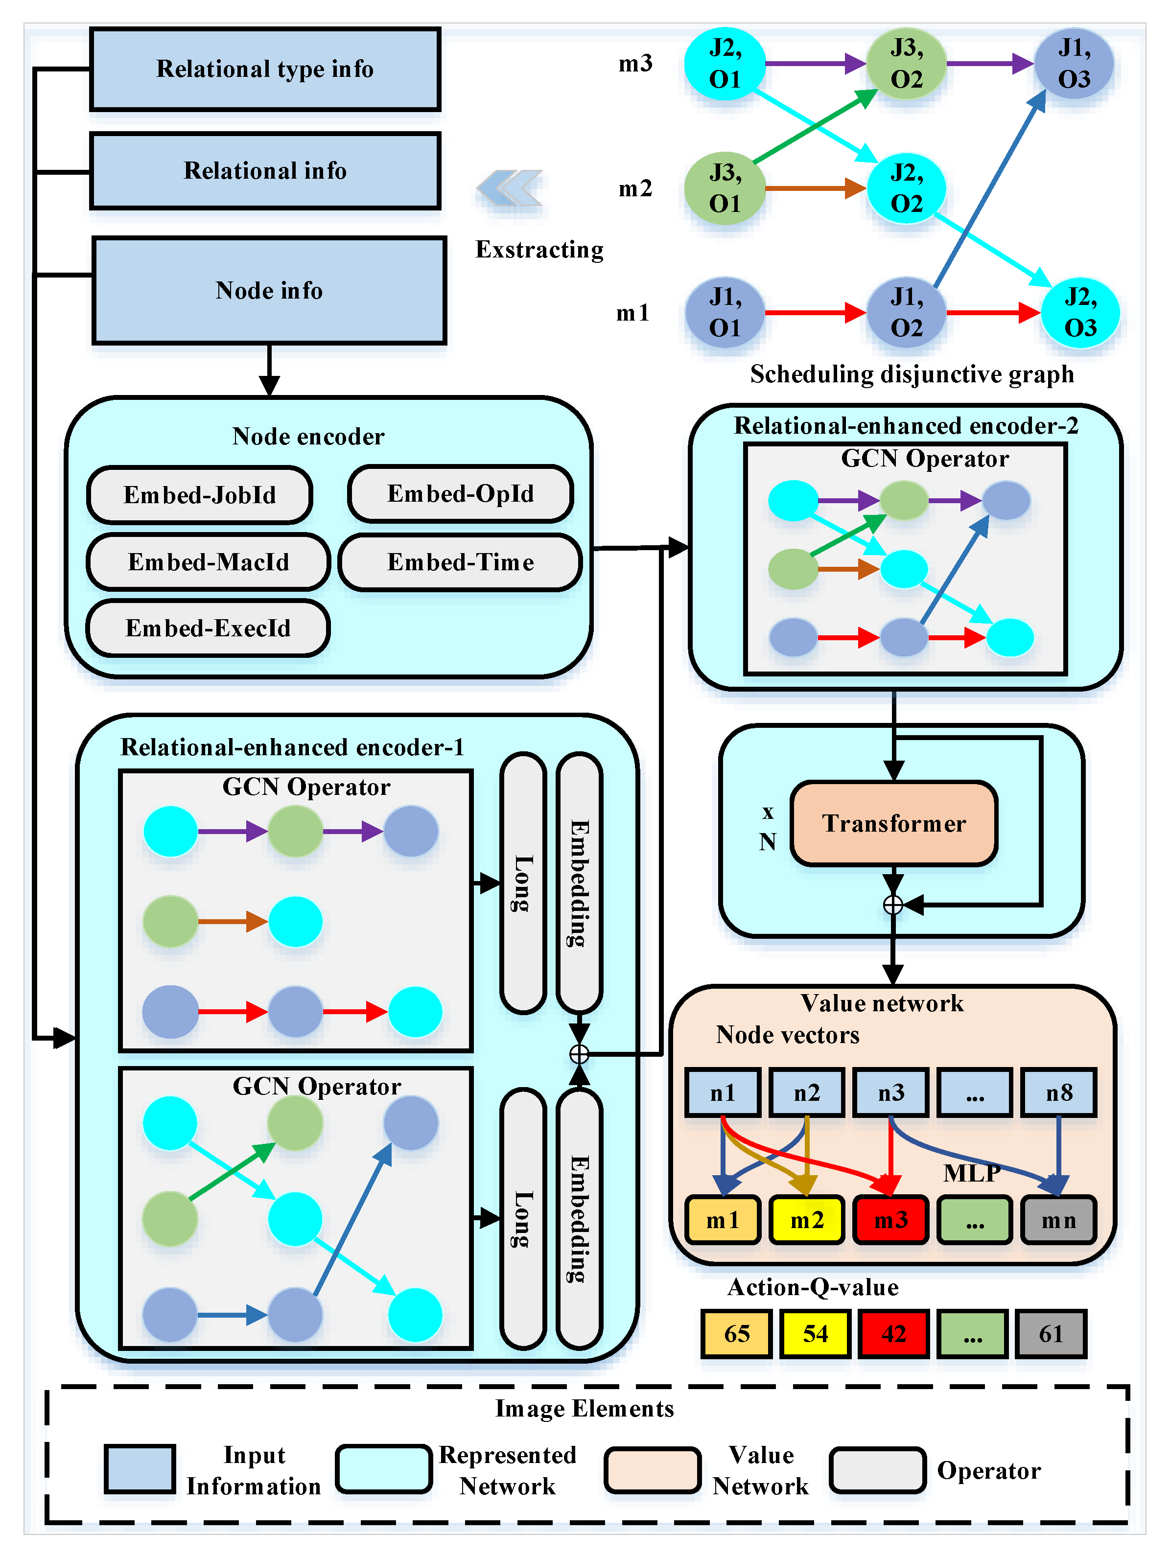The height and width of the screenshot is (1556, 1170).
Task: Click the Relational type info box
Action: [x=265, y=69]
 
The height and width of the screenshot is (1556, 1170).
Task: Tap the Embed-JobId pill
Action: [x=200, y=494]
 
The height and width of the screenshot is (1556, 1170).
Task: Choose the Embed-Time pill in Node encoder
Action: [x=461, y=562]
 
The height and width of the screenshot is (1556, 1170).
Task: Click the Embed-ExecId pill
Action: [x=208, y=628]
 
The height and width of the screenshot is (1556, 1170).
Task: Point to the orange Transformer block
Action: [x=893, y=823]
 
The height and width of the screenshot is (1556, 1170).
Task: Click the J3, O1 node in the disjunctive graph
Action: [x=725, y=188]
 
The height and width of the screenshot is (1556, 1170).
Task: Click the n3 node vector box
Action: [x=890, y=1092]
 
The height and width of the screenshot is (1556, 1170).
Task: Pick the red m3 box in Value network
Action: [x=890, y=1220]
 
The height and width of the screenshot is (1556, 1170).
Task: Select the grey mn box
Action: [x=1059, y=1220]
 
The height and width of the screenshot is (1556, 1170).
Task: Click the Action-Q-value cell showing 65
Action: [x=737, y=1334]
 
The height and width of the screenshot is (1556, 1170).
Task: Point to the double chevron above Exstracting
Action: [x=510, y=188]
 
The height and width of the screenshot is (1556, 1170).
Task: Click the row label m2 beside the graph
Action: [x=635, y=188]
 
